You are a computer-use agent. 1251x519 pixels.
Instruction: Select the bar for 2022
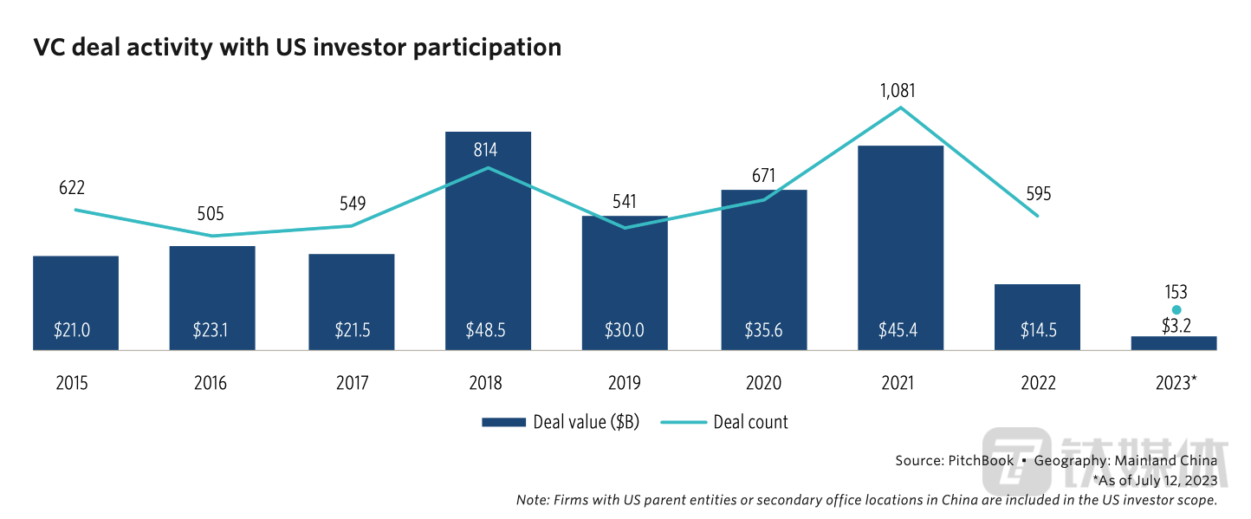(x=1037, y=316)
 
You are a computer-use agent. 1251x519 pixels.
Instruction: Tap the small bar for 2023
(x=1174, y=343)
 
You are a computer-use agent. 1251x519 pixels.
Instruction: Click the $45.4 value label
(x=900, y=330)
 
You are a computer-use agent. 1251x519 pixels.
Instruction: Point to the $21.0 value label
(x=75, y=330)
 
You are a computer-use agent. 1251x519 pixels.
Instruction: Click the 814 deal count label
(x=485, y=151)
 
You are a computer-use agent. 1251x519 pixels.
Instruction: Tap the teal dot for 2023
(x=1176, y=310)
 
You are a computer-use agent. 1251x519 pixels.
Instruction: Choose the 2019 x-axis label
(x=625, y=383)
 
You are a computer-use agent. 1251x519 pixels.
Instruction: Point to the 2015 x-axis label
(x=72, y=383)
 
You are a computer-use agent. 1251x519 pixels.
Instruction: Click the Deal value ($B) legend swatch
(x=503, y=423)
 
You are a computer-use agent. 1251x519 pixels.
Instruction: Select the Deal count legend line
(x=684, y=423)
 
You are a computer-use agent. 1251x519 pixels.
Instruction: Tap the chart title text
(x=297, y=48)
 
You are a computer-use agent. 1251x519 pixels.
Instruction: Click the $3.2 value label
(x=1176, y=326)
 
